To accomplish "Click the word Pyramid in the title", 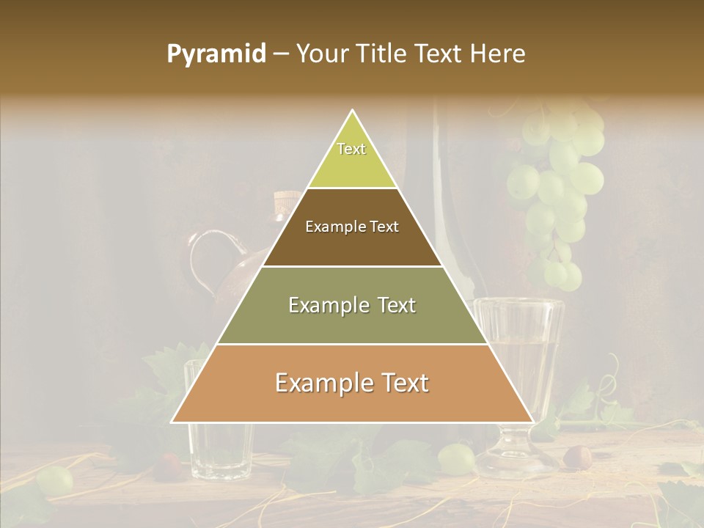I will tap(216, 54).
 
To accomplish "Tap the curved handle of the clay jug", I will tap(201, 257).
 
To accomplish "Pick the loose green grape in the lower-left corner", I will tap(55, 480).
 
